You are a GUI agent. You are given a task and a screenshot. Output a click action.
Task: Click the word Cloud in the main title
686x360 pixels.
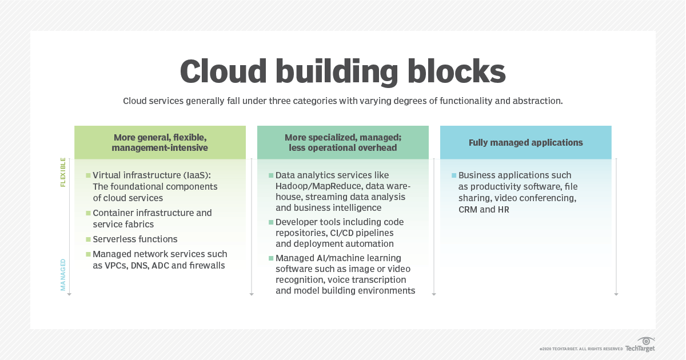pyautogui.click(x=224, y=72)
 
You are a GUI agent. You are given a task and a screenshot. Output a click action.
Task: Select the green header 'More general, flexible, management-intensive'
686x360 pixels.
pyautogui.click(x=159, y=143)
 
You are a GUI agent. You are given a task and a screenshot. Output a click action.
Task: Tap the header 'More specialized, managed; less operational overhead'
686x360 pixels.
pyautogui.click(x=342, y=143)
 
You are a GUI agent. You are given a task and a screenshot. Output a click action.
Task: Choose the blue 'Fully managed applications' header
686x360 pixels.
pyautogui.click(x=525, y=142)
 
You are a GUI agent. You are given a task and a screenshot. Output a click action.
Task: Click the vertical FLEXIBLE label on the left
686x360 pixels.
pyautogui.click(x=63, y=173)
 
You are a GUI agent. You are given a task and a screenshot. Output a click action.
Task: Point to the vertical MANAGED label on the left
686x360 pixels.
pyautogui.click(x=63, y=275)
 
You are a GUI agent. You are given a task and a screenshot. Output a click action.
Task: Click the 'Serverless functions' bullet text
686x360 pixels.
pyautogui.click(x=135, y=239)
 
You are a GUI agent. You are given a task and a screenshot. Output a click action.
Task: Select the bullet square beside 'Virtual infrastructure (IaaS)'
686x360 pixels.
pyautogui.click(x=88, y=175)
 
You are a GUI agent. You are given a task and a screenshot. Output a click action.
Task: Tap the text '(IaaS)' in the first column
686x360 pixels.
pyautogui.click(x=198, y=175)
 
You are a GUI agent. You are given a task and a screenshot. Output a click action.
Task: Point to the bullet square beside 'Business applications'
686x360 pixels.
pyautogui.click(x=454, y=175)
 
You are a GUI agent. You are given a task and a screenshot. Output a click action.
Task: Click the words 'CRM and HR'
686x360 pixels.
pyautogui.click(x=484, y=210)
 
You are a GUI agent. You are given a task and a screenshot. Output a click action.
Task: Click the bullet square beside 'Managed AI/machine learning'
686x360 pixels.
pyautogui.click(x=271, y=258)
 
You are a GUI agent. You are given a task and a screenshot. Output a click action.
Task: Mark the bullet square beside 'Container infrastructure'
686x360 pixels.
pyautogui.click(x=88, y=213)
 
